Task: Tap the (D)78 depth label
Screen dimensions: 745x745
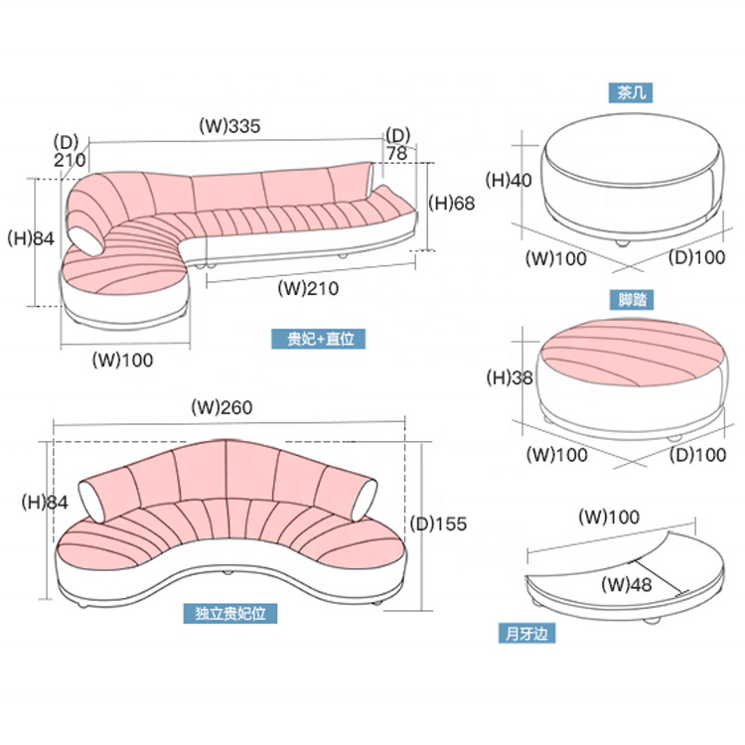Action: [397, 144]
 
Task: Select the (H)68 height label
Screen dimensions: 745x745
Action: [452, 204]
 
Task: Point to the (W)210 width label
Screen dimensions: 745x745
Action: [309, 289]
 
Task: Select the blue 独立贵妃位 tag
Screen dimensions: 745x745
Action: [231, 615]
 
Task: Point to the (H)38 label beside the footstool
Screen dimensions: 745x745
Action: [509, 377]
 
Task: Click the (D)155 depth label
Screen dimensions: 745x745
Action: [438, 523]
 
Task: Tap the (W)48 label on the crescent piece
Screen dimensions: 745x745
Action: [627, 585]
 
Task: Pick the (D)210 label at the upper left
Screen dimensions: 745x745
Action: [70, 149]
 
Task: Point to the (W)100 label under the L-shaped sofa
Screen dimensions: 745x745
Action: [124, 360]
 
